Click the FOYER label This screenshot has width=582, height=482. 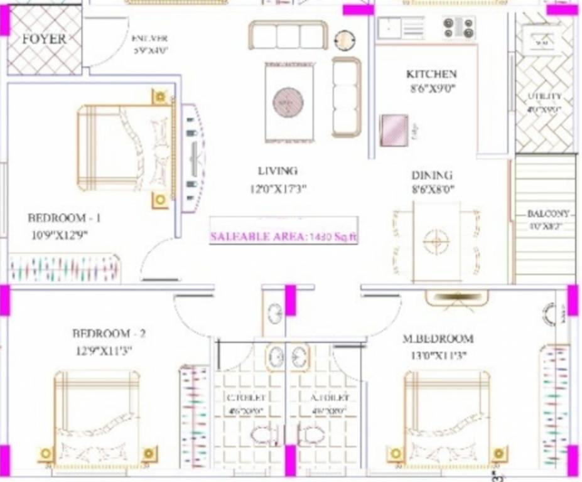pos(44,39)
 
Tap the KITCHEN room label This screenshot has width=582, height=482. pos(431,74)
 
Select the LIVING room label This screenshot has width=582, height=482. pos(278,171)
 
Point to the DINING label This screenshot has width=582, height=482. pos(432,176)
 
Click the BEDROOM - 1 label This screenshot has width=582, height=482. pos(65,218)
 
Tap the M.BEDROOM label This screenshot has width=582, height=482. pos(438,339)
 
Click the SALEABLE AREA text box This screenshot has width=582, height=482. pos(284,237)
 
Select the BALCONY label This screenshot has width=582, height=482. pos(548,214)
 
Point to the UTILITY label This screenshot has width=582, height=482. pos(544,97)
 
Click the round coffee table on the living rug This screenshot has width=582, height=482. pos(288,100)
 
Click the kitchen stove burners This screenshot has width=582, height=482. pos(460,26)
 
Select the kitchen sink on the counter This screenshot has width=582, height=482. pos(390,26)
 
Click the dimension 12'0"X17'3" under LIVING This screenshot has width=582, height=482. pos(278,188)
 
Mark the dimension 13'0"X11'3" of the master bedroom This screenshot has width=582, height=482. pos(438,355)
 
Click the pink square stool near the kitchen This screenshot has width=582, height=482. pos(394,131)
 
